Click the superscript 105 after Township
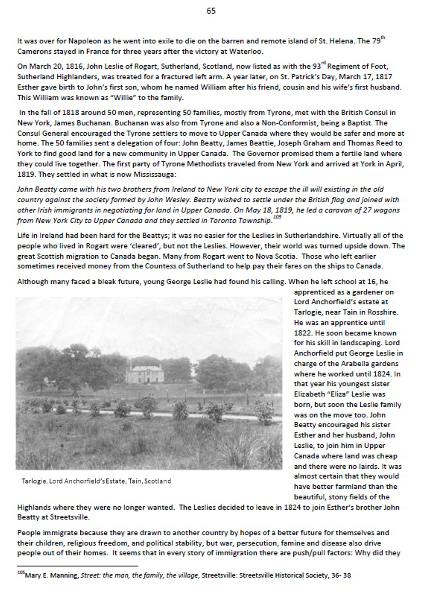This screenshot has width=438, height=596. coord(277,217)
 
